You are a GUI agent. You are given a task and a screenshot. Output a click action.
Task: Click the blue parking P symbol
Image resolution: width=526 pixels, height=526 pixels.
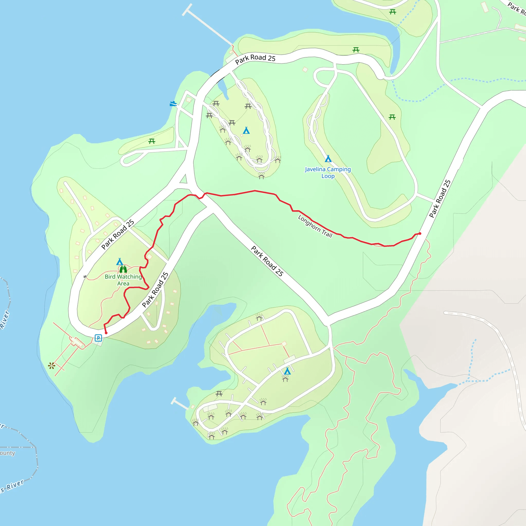tap(98, 338)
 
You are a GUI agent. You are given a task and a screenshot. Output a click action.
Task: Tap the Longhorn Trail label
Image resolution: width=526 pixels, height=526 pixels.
tap(315, 226)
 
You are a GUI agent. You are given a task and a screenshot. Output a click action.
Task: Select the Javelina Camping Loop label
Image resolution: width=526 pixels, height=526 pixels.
tap(328, 173)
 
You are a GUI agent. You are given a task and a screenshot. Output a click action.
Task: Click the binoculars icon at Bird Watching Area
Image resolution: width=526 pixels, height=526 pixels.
tap(123, 269)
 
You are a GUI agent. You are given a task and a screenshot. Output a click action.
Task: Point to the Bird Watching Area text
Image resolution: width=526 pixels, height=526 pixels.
tap(123, 280)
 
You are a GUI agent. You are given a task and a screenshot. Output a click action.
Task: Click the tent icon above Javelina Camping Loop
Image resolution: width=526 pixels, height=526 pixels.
tap(328, 159)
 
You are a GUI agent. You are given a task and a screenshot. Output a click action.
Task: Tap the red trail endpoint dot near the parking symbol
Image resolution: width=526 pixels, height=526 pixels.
tap(106, 333)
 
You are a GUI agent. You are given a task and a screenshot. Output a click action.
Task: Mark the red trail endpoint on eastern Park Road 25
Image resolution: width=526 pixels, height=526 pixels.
tap(420, 234)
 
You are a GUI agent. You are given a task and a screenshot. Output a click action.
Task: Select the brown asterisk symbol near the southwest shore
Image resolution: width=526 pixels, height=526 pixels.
tap(51, 366)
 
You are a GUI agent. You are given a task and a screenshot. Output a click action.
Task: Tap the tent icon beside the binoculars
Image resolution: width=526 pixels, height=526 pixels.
tap(119, 262)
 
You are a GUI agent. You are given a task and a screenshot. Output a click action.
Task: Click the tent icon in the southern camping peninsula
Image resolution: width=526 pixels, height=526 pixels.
tap(287, 371)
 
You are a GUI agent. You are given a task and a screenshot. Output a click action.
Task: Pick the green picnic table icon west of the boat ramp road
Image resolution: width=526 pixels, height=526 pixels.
tap(152, 141)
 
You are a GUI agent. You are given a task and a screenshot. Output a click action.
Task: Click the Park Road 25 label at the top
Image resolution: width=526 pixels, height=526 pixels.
tap(255, 59)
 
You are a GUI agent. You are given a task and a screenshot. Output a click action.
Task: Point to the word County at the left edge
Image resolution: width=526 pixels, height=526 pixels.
tap(7, 453)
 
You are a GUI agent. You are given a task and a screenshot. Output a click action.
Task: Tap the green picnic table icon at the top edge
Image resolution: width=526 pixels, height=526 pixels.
tap(392, 12)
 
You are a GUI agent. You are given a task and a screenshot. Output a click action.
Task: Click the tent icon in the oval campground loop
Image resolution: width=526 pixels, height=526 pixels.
tap(246, 131)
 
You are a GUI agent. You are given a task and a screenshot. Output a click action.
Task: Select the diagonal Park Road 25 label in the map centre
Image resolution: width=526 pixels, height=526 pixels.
tap(267, 261)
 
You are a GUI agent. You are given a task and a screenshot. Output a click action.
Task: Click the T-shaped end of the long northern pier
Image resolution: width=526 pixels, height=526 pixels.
tap(187, 10)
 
